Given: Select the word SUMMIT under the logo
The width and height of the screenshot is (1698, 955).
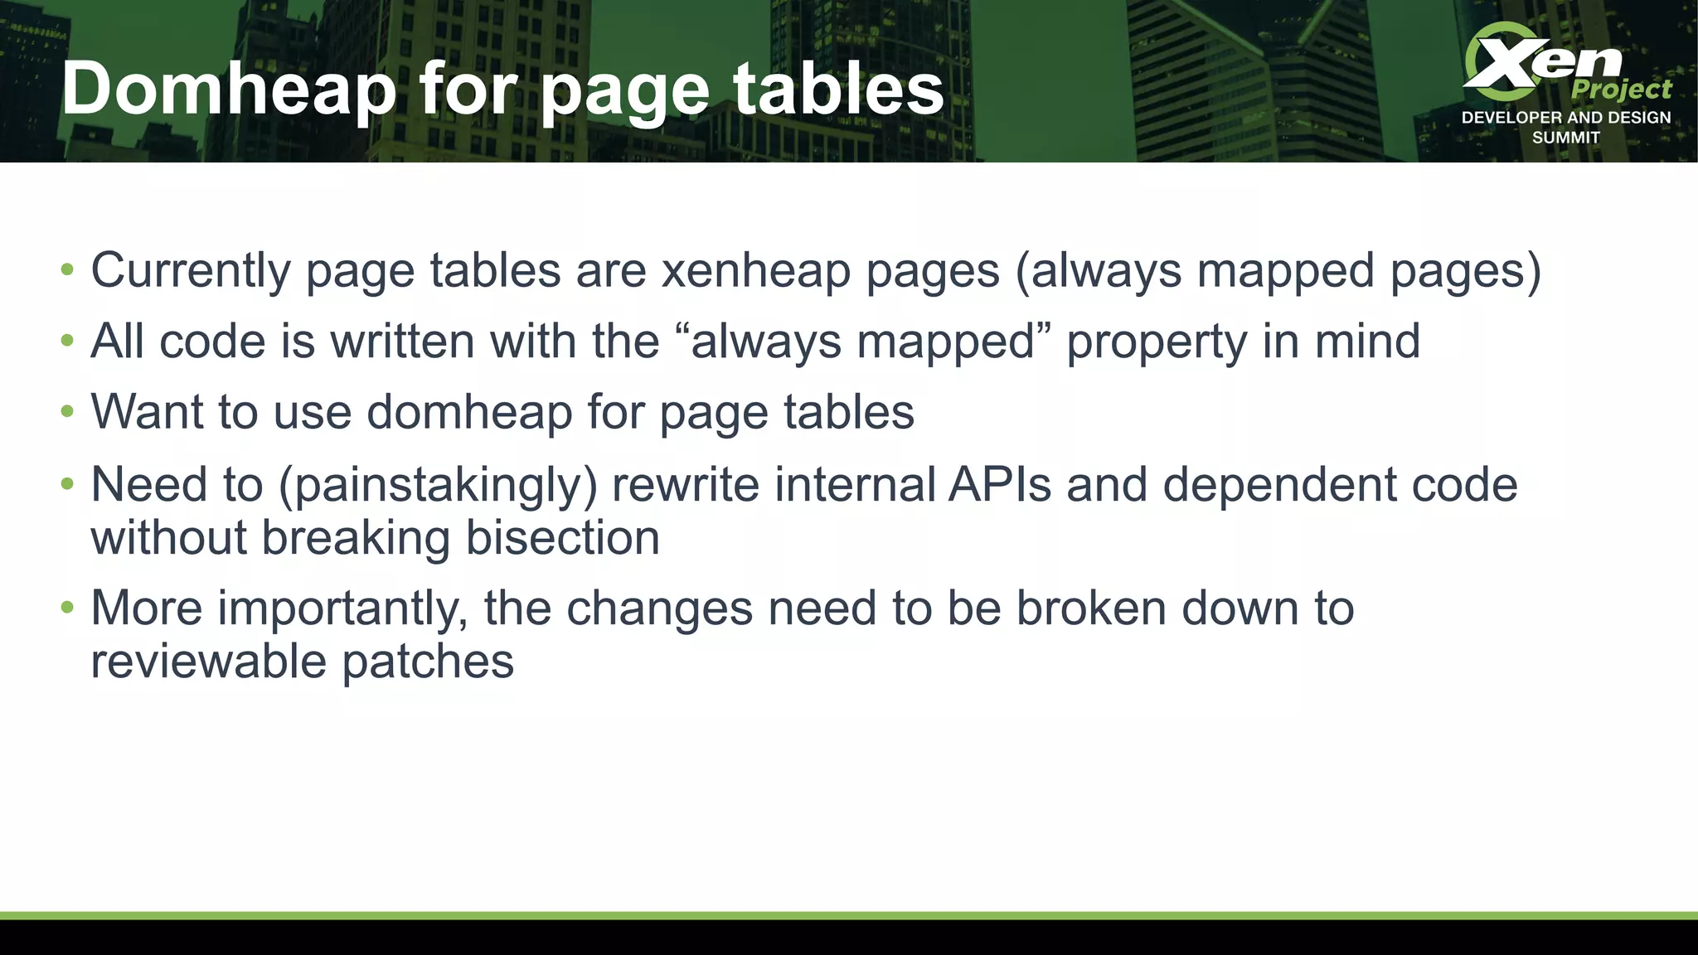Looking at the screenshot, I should pos(1565,138).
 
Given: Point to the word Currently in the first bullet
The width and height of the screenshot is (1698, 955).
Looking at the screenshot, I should pos(190,270).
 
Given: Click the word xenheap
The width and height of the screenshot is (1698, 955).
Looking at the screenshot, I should pos(755,270).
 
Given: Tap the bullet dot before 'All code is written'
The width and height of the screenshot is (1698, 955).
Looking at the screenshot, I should pos(67,341).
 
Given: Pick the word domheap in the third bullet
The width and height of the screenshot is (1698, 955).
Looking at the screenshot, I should pos(469,411).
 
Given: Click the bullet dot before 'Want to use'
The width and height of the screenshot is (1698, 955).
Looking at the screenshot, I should pos(67,411).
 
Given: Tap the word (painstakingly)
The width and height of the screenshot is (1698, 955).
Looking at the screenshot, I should pos(438,484).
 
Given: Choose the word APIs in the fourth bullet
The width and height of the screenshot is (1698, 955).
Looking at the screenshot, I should pos(1000,484).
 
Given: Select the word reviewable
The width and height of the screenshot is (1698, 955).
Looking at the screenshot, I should pos(209,661).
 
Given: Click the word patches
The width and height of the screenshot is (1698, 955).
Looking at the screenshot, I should pos(428,661).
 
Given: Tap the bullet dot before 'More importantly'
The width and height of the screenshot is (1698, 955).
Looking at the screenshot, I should pos(67,608).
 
